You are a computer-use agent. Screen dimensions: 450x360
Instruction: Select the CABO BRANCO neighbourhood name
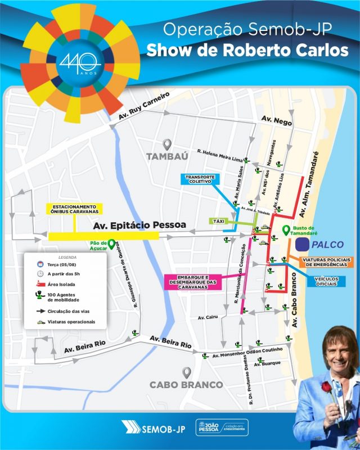pyautogui.click(x=186, y=385)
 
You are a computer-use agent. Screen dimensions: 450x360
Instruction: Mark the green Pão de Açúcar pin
pyautogui.click(x=111, y=244)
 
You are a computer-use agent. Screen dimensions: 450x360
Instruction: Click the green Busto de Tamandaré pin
pyautogui.click(x=286, y=229)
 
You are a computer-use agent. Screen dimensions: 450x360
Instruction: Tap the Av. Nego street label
pyautogui.click(x=276, y=119)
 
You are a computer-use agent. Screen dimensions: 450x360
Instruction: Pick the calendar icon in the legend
pyautogui.click(x=40, y=264)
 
